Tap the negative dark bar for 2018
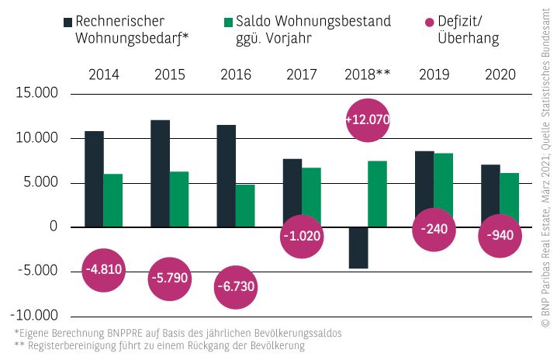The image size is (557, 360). (x=358, y=247)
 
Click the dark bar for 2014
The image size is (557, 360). (x=94, y=178)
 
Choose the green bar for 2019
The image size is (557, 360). (x=443, y=189)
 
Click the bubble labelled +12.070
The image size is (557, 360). (x=367, y=120)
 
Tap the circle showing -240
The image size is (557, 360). (x=433, y=229)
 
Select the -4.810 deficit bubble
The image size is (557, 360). (x=103, y=271)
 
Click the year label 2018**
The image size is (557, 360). (x=367, y=74)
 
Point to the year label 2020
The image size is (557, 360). (x=500, y=74)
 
